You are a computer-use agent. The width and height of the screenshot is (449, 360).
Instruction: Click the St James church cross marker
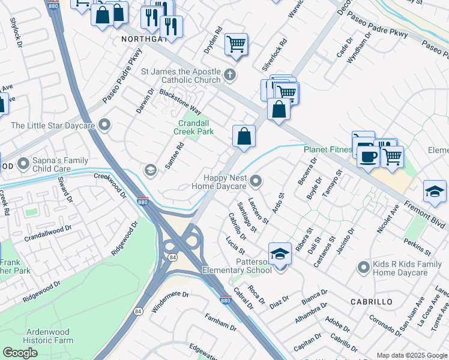tap(229, 75)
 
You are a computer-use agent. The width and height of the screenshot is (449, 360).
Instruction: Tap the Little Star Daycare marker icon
tap(106, 125)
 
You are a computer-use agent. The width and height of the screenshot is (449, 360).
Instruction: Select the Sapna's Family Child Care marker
tap(24, 163)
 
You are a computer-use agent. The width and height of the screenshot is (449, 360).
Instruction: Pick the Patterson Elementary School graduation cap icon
tap(280, 254)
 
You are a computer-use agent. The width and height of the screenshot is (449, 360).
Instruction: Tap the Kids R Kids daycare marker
tap(363, 266)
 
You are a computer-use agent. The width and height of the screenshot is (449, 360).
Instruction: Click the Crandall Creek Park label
tap(193, 127)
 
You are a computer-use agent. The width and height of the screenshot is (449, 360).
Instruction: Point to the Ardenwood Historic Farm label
tap(49, 336)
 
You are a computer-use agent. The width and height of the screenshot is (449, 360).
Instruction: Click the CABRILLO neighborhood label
tap(372, 301)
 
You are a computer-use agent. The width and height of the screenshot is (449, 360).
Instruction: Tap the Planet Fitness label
tap(327, 149)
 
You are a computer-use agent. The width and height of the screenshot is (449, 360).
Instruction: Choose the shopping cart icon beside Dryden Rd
tap(237, 44)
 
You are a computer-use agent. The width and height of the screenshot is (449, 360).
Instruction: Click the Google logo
tap(20, 353)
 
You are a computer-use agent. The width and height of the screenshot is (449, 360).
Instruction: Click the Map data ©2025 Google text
tap(411, 355)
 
